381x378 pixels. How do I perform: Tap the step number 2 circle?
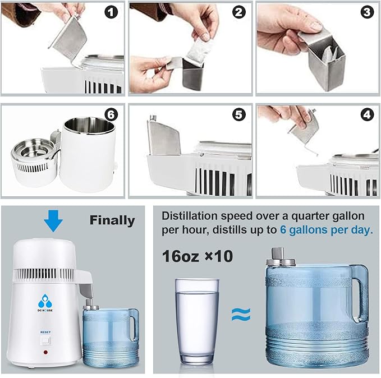240,12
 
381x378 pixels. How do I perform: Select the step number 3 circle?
368,12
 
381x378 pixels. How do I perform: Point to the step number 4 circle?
368,115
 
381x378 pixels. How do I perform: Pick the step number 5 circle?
240,115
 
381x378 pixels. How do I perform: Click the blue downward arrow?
53,220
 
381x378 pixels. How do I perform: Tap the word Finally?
112,220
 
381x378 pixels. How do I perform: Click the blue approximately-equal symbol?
241,314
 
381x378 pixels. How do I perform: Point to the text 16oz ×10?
196,257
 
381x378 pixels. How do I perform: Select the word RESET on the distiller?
45,332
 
